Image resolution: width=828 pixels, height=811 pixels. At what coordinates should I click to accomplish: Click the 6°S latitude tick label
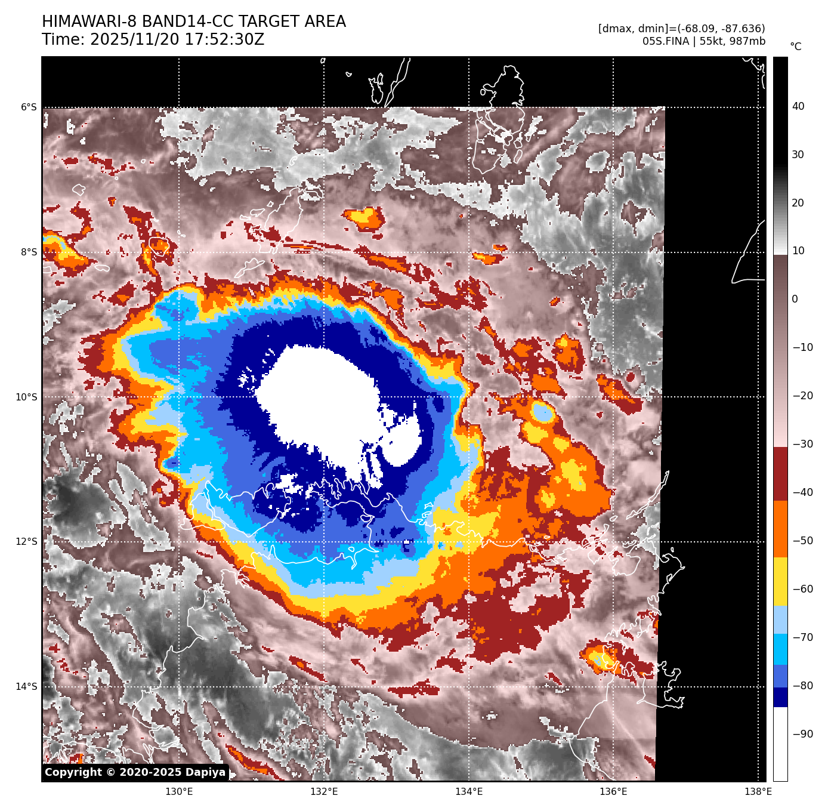pos(29,107)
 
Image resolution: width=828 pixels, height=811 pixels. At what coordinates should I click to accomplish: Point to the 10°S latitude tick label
pos(26,397)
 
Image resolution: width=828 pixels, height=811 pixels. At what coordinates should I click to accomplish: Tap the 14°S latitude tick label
pos(26,687)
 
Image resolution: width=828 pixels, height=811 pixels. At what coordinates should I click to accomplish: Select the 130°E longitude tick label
pos(179,792)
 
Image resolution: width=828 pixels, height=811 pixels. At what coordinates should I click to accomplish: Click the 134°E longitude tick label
pos(469,792)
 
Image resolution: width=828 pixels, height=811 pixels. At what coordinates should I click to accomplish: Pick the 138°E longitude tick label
pos(758,792)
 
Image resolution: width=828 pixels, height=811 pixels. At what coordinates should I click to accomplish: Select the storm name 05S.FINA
pos(665,41)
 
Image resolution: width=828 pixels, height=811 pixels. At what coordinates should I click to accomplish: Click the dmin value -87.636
pos(739,29)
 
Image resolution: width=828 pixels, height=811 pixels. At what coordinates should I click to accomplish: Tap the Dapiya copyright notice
pos(135,772)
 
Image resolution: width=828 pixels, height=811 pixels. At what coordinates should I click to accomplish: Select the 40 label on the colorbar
pos(798,107)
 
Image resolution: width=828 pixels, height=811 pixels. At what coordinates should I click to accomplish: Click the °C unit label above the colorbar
pos(796,47)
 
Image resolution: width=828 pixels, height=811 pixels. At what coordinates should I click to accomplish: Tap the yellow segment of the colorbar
pos(780,582)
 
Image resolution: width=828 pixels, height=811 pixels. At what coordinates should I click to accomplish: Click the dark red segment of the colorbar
pos(780,474)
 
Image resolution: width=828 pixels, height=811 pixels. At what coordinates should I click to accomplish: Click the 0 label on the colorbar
pos(795,300)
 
